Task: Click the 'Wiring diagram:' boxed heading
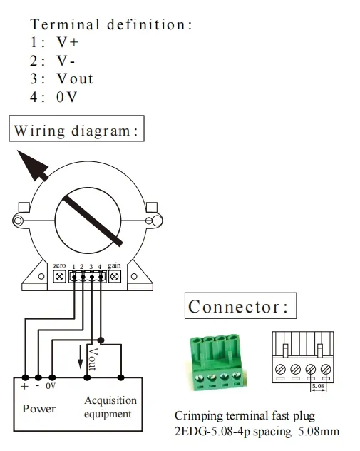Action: pos(77,131)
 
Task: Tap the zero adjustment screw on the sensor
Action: pos(60,275)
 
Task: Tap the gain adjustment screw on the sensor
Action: pos(113,275)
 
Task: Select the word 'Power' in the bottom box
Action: pos(38,409)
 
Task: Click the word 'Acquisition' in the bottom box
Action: pos(108,400)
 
